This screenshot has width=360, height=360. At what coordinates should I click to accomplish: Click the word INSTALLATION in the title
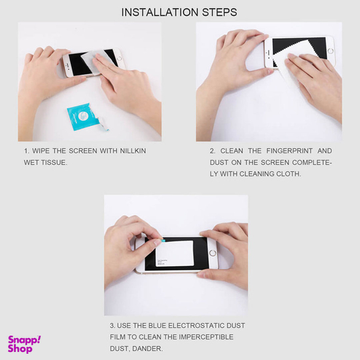160,12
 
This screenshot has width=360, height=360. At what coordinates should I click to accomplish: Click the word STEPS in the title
219,12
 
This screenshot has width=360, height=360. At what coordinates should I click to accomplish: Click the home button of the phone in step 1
119,58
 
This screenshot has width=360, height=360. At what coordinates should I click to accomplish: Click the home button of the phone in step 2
331,51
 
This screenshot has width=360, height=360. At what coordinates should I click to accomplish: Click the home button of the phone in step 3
212,253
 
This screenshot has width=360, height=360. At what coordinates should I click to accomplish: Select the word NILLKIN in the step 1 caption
133,151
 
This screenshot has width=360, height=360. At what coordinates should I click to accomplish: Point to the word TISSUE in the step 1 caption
54,162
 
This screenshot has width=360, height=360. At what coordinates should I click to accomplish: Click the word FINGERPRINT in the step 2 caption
289,151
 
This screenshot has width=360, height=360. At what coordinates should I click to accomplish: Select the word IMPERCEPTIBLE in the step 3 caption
206,337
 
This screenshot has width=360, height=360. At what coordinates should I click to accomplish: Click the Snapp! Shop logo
24,344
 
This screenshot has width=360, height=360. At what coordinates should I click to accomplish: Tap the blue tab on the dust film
163,241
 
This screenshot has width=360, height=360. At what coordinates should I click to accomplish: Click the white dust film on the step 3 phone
175,254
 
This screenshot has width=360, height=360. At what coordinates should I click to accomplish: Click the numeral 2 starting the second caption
212,151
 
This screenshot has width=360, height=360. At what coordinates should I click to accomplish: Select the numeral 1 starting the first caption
27,151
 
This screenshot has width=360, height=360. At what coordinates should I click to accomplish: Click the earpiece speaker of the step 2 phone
267,53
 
